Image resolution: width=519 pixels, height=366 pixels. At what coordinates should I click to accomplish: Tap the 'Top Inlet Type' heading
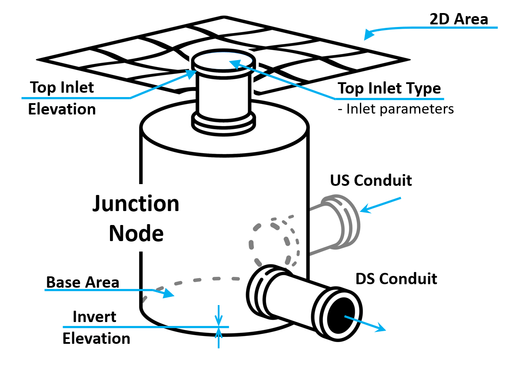pyautogui.click(x=389, y=88)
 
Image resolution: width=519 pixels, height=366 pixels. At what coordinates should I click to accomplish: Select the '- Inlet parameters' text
pyautogui.click(x=396, y=109)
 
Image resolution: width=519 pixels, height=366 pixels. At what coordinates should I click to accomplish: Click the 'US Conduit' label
pyautogui.click(x=371, y=180)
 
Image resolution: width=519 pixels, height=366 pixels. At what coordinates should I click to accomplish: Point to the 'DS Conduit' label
pyautogui.click(x=396, y=278)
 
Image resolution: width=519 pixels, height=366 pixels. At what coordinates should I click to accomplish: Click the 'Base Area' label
pyautogui.click(x=83, y=282)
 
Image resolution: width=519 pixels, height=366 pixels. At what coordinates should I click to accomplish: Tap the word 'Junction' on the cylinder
pyautogui.click(x=136, y=204)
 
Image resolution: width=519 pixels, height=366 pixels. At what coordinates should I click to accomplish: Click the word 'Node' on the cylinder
pyautogui.click(x=136, y=233)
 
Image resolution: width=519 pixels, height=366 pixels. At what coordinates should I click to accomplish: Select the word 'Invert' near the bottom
pyautogui.click(x=94, y=316)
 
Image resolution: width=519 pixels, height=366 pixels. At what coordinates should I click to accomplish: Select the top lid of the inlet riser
pyautogui.click(x=223, y=60)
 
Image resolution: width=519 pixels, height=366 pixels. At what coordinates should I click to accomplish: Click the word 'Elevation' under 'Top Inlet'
pyautogui.click(x=62, y=109)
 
